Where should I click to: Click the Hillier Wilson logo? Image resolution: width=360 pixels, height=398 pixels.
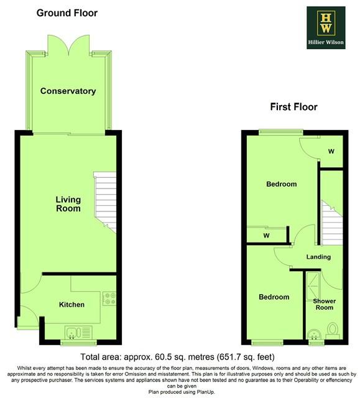click(326, 27)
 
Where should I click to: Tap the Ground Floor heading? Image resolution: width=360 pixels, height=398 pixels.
click(67, 13)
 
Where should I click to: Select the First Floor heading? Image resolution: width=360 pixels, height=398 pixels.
click(293, 107)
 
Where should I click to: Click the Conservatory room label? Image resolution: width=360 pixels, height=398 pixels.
click(68, 91)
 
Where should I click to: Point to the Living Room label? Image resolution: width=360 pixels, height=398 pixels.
click(68, 204)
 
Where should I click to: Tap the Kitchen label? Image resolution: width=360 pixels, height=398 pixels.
click(72, 305)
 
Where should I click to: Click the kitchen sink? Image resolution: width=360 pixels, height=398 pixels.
click(78, 333)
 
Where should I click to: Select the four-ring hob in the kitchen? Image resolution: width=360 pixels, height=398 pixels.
click(109, 298)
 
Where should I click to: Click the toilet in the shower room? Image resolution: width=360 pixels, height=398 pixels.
click(333, 331)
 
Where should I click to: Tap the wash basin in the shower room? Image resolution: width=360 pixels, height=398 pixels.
click(316, 335)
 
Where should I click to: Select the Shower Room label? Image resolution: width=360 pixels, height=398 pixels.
click(324, 304)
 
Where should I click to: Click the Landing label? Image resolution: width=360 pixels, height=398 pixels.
click(318, 257)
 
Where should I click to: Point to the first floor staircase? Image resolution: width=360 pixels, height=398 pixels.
click(331, 223)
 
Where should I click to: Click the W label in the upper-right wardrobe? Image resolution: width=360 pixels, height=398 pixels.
click(331, 152)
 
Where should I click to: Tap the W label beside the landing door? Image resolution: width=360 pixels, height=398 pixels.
click(266, 236)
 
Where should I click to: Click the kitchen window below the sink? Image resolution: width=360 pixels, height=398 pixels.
click(78, 343)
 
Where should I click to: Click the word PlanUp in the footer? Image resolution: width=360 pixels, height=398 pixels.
click(205, 392)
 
